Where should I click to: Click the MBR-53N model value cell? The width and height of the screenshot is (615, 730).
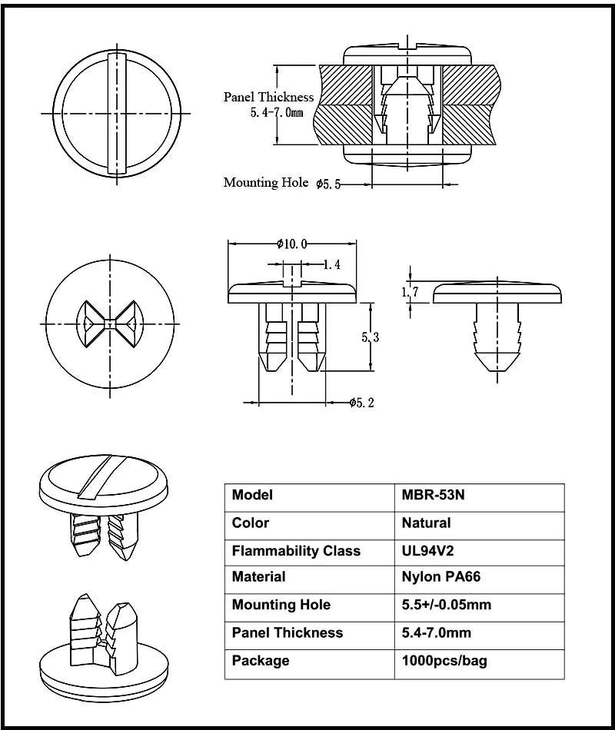[433, 496]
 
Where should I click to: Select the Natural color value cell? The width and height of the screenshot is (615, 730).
[426, 523]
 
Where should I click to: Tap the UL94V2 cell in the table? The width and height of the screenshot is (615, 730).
[430, 551]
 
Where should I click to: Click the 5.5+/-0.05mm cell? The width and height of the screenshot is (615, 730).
[446, 605]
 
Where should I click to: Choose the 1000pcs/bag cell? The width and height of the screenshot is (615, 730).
[444, 661]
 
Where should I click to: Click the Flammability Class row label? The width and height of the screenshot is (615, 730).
[296, 551]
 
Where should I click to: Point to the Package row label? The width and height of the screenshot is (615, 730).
[261, 661]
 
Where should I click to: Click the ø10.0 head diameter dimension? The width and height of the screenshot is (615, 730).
[292, 244]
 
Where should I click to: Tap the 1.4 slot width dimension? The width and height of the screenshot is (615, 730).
[331, 265]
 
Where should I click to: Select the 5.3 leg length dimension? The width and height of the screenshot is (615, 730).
[371, 337]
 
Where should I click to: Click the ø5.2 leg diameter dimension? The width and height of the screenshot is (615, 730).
[361, 403]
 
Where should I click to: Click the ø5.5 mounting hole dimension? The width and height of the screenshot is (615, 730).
[328, 184]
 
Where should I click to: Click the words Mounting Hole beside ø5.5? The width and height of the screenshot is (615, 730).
[261, 182]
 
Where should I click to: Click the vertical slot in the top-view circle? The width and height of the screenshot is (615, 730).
[118, 113]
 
